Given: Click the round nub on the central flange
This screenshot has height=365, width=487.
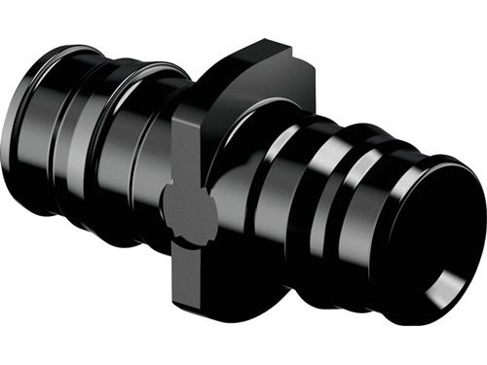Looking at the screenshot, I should [x=186, y=203].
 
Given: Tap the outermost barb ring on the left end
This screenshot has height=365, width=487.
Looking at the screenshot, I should [x=39, y=107].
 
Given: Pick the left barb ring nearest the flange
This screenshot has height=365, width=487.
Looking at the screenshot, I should [x=146, y=136].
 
